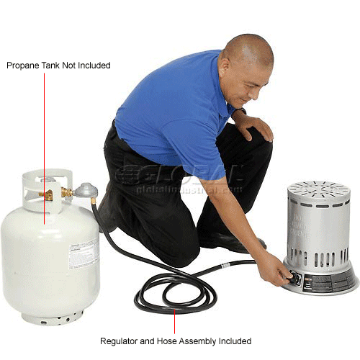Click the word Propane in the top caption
pos(23,66)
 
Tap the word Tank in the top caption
pos(52,66)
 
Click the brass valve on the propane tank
pos(48,194)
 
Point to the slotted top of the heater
pos(318,190)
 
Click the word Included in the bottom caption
pos(235,341)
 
